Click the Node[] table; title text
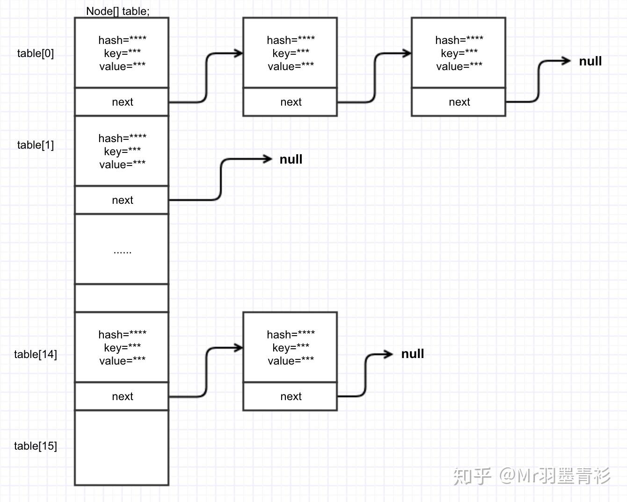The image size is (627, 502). tap(118, 11)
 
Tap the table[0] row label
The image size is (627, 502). tap(36, 53)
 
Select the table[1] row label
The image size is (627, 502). tap(36, 145)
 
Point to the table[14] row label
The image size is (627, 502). tap(36, 354)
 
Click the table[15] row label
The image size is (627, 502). tap(36, 446)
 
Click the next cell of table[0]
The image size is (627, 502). tap(122, 102)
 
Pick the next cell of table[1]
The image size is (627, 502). tap(122, 200)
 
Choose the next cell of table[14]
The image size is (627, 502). tap(122, 396)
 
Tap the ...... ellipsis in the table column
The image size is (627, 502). tap(122, 251)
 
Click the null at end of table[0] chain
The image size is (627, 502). tap(590, 61)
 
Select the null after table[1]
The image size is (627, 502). tap(291, 159)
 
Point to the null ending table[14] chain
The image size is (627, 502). tap(412, 354)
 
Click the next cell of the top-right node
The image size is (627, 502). tap(459, 102)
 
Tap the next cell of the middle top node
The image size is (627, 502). tap(291, 102)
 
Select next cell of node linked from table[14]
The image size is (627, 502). tap(291, 396)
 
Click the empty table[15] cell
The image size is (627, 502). tap(122, 448)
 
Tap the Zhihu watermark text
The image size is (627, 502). tap(532, 476)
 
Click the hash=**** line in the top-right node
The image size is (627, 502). tap(459, 40)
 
